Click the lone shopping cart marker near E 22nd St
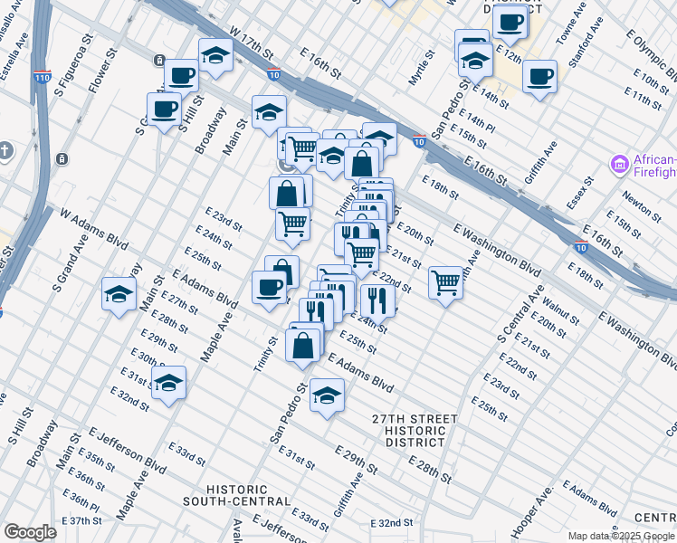tap(445, 282)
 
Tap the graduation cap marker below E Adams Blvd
tap(327, 395)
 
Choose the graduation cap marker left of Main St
tap(119, 293)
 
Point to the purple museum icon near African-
tap(619, 164)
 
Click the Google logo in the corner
tap(30, 532)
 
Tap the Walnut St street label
tap(561, 306)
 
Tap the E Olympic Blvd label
tap(649, 48)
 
